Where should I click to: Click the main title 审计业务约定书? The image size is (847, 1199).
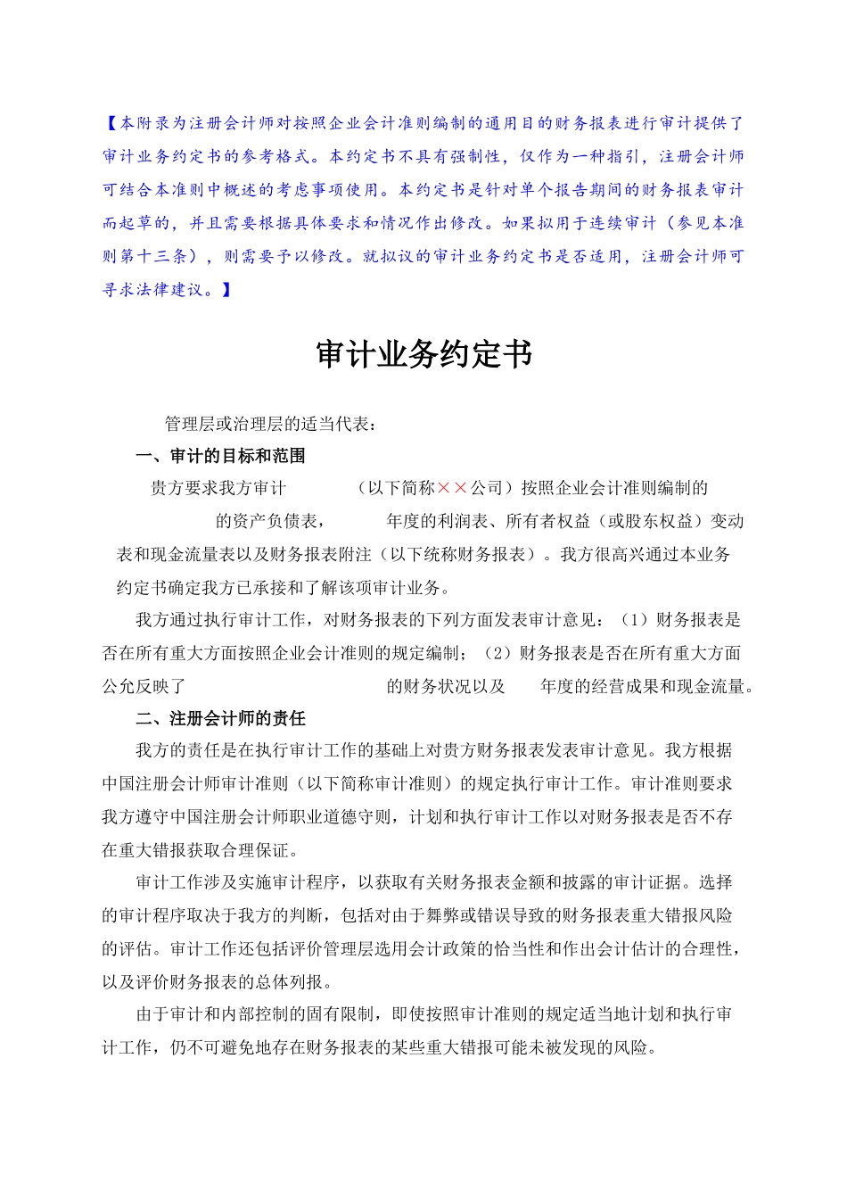pos(423,355)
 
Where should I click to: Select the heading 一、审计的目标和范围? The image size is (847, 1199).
pos(220,456)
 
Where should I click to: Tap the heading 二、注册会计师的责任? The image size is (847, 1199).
pos(220,718)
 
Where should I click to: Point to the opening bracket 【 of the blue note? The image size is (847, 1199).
pos(110,123)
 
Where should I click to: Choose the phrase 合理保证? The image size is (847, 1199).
pos(254,850)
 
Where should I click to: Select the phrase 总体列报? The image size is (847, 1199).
pos(290,981)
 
